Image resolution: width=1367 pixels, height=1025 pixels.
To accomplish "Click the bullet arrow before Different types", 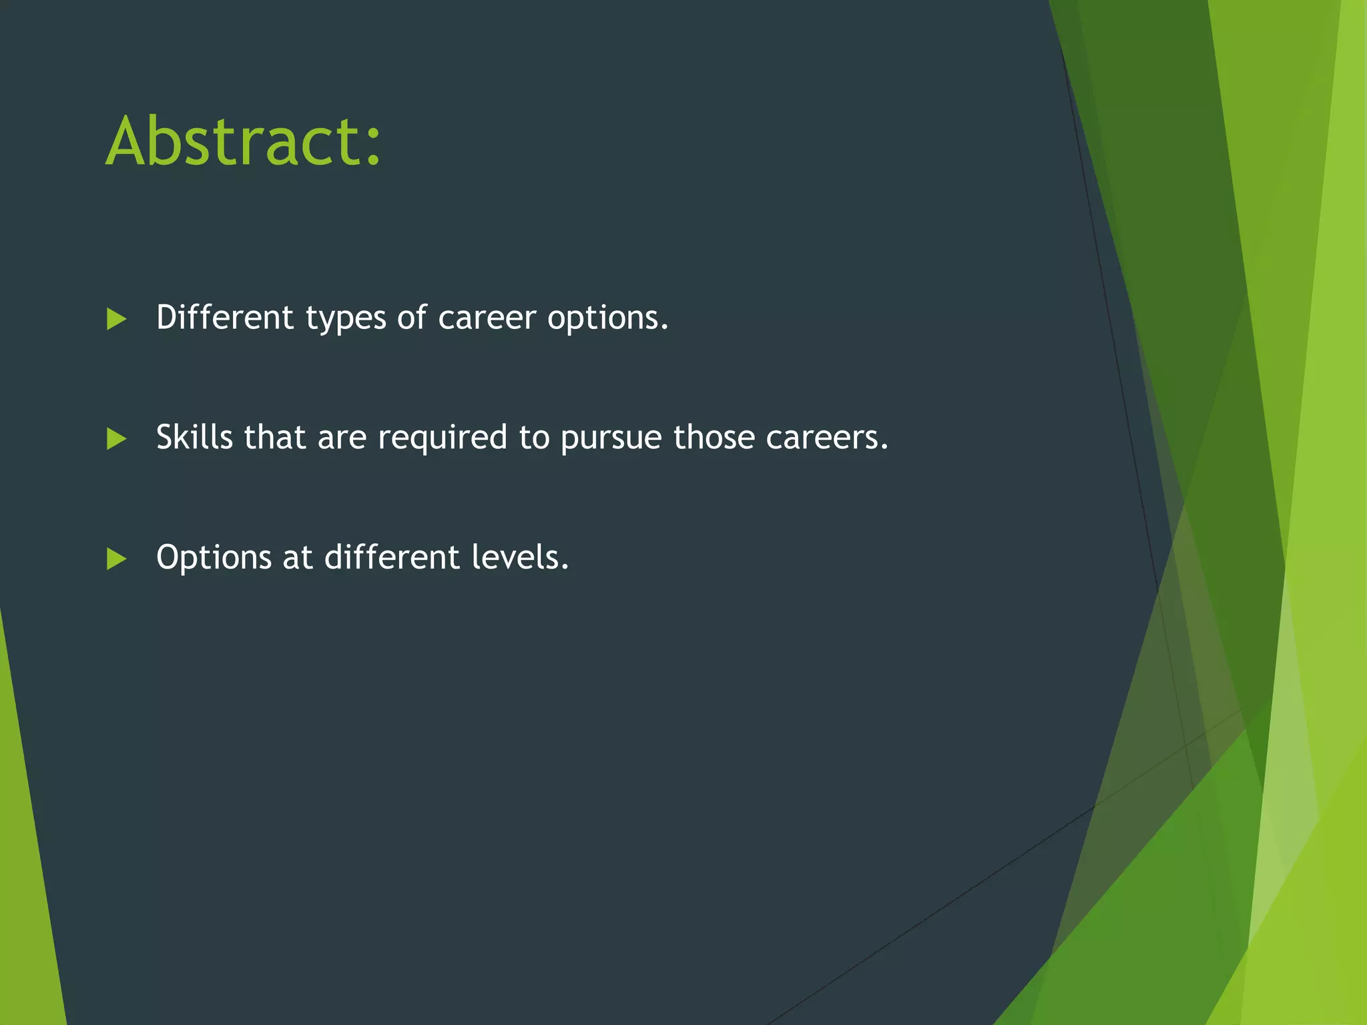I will tap(116, 319).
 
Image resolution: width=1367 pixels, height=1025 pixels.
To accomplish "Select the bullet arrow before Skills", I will tap(116, 439).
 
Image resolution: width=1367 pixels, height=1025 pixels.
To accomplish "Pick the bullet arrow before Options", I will tap(116, 559).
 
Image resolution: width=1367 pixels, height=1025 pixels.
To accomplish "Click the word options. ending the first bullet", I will tap(607, 319).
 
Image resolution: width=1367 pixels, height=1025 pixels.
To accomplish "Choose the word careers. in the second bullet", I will tap(827, 438).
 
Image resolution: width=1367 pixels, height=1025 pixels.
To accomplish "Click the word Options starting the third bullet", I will tap(214, 558).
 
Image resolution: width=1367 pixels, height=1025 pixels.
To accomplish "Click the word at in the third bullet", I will tap(298, 558).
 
